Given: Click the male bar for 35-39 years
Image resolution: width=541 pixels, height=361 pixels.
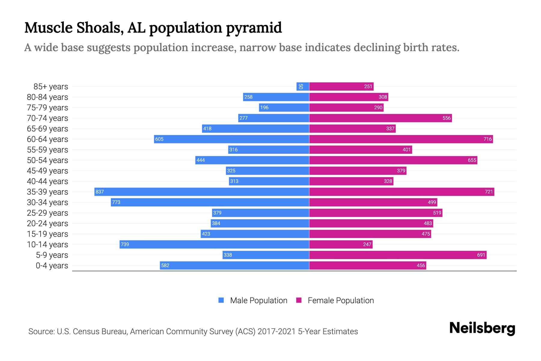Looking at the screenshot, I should pos(202,192).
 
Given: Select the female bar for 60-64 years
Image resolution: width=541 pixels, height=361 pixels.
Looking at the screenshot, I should pos(401,139).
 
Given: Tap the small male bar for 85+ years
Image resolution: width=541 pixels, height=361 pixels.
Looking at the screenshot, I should pos(303,86).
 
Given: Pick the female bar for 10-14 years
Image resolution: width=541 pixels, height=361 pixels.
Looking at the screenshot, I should pos(341,244).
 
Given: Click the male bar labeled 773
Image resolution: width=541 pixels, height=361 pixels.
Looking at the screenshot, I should pos(210,202).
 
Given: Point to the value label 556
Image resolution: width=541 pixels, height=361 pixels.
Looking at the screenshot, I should pos(446,118).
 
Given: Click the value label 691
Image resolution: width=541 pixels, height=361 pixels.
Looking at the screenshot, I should pos(481,255).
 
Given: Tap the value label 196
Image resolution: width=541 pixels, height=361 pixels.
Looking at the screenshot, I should pos(264,107).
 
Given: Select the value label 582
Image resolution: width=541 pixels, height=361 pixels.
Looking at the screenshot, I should pos(165,265).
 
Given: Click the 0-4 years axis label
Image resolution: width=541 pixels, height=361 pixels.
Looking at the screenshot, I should pos(52,266).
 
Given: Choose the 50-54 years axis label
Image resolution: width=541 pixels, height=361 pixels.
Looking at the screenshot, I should pos(47,160).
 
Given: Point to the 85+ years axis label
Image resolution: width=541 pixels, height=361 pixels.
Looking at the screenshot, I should pos(50,87).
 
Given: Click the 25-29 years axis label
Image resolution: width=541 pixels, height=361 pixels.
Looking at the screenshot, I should pos(47,213).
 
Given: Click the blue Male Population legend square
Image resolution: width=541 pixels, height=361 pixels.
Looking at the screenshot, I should pos(221,300).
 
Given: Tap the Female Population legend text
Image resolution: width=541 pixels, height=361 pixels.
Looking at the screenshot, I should pos(341,300).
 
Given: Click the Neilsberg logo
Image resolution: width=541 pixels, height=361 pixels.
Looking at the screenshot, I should pos(482,328).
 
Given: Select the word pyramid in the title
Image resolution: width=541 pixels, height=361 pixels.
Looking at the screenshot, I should pos(254,28).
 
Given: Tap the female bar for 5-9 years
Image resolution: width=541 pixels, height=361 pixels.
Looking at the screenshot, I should pos(398,255).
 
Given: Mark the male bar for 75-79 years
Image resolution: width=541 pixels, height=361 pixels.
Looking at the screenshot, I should pos(284,107).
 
